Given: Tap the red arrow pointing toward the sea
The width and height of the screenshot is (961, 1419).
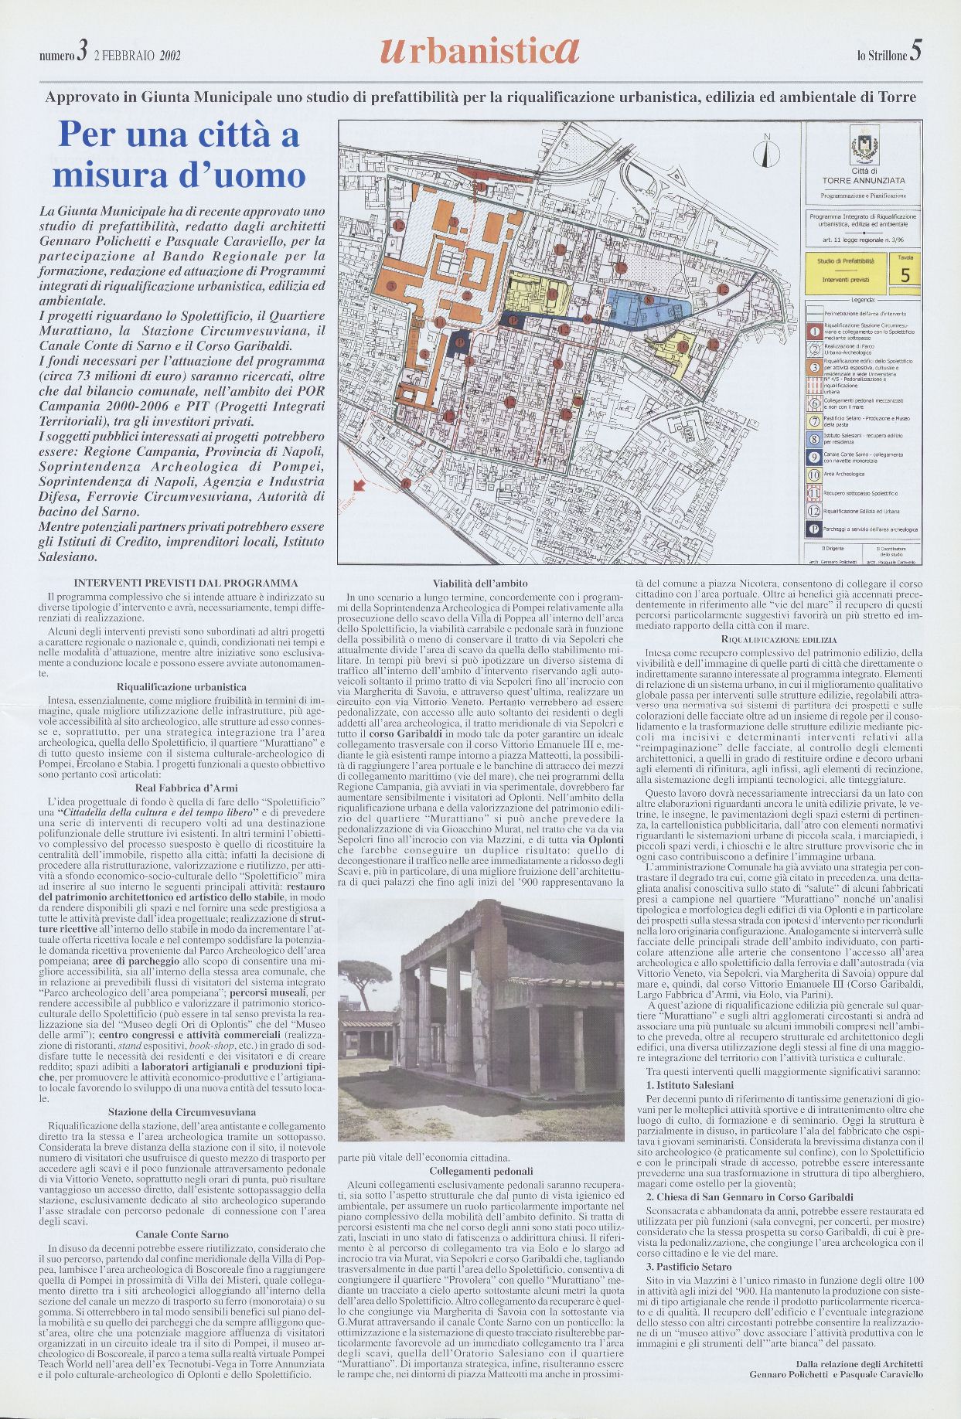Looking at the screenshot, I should tap(359, 486).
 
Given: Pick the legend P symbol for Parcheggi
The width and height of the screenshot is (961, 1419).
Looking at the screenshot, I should tap(813, 529).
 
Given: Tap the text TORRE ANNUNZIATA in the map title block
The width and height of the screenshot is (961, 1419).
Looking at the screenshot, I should tap(864, 179).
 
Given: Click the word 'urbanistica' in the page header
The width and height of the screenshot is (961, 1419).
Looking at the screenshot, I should tap(479, 52).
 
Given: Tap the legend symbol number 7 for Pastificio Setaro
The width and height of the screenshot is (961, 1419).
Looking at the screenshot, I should tap(813, 420).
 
